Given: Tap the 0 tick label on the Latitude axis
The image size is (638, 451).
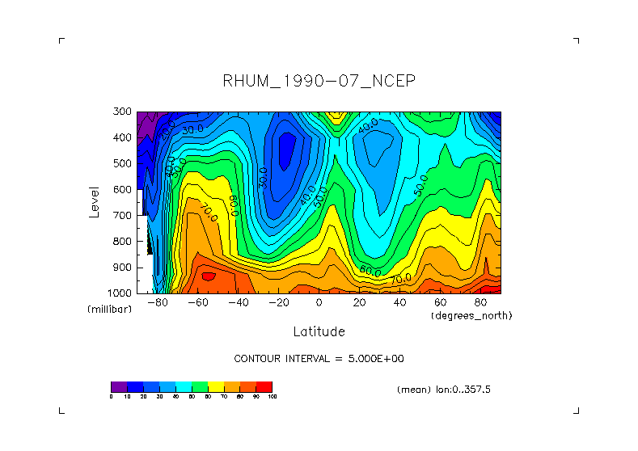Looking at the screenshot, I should tap(319, 302).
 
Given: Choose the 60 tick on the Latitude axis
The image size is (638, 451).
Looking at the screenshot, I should tap(440, 302).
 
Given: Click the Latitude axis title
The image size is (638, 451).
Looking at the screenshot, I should tap(319, 331).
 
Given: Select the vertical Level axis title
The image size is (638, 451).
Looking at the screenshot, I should tap(95, 201).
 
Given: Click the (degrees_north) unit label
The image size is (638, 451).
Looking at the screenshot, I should tap(471, 314).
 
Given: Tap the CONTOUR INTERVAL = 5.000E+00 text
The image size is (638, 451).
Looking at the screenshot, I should tap(319, 359).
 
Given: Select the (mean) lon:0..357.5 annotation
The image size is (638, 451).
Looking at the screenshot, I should tap(444, 390).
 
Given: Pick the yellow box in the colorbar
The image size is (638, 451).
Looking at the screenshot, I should tap(216, 386).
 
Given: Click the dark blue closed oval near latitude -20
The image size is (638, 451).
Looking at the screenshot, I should tap(285, 150).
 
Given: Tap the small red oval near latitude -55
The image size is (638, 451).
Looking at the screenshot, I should tap(209, 276).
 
